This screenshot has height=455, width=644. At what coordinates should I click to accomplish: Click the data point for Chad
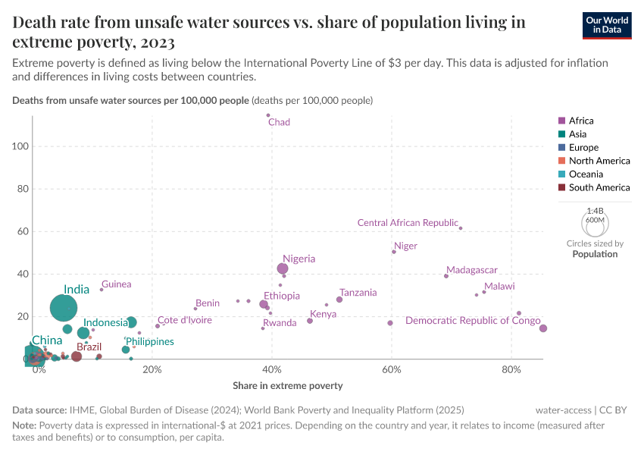coord(268,115)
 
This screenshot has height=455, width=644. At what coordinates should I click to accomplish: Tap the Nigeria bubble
coord(283,268)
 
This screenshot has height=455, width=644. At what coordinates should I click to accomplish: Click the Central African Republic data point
coord(461,228)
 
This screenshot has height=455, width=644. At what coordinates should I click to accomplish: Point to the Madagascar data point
coord(446,276)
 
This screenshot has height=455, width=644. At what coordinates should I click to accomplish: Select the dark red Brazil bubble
coord(77,356)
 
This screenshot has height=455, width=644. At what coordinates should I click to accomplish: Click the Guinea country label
coord(116,284)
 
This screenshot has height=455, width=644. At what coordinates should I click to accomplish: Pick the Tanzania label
coord(358,293)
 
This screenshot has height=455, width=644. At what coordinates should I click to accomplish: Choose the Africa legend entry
coord(581,121)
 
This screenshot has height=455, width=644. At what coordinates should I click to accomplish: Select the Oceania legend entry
coord(586,174)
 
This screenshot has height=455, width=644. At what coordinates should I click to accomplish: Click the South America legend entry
coord(599,187)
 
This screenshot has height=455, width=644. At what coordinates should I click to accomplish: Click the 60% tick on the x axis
coord(391,369)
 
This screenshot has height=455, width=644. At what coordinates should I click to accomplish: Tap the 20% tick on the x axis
coord(152,369)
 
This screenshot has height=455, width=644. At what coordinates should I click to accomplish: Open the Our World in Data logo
coord(607,24)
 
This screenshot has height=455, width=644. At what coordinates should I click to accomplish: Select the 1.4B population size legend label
coord(595,210)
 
